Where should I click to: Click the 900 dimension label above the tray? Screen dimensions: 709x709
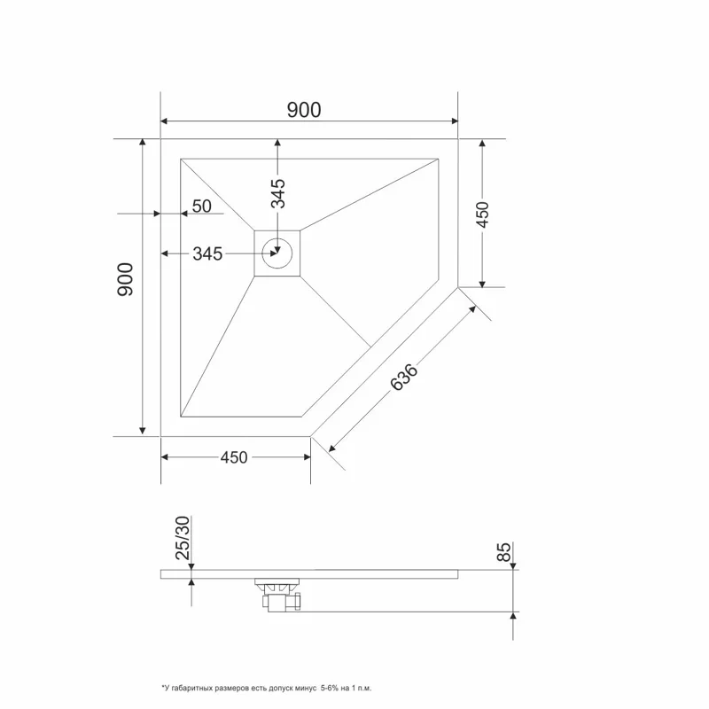304,109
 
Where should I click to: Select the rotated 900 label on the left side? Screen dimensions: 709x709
125,279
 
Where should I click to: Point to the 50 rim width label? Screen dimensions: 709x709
202,206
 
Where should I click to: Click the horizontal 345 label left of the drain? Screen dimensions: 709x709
206,254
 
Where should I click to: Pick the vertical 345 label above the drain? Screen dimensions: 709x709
278,193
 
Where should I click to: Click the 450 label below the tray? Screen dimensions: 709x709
234,457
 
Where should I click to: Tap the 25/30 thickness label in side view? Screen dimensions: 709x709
183,539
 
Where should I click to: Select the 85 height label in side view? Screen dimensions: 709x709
503,553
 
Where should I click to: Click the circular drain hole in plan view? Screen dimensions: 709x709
278,253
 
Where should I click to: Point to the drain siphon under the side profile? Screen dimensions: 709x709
279,594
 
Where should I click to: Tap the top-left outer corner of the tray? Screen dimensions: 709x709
160,139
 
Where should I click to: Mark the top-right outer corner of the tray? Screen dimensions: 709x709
458,139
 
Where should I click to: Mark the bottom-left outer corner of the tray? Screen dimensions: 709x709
160,436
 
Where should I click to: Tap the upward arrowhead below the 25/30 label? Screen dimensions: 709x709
192,583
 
